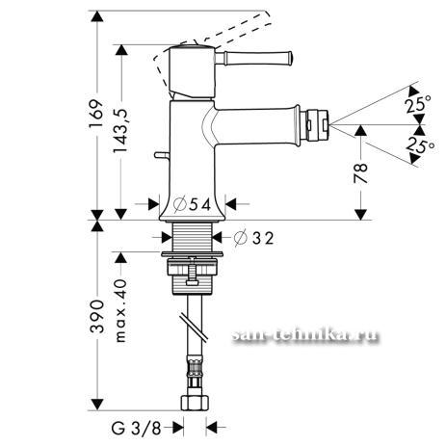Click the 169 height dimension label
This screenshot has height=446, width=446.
(x=96, y=114)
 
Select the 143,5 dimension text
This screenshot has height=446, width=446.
(x=120, y=130)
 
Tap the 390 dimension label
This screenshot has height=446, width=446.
(x=97, y=317)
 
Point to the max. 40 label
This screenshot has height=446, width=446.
(x=121, y=310)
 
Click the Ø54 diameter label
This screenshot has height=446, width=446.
(x=193, y=204)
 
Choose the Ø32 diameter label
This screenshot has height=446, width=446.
(x=253, y=239)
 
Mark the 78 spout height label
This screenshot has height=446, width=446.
(x=360, y=172)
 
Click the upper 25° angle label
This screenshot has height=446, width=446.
(x=418, y=104)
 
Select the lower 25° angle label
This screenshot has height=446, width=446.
(x=420, y=145)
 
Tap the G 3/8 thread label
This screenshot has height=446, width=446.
(x=136, y=428)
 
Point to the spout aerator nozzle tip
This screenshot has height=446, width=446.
(x=318, y=123)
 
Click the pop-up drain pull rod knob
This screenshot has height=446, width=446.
(x=162, y=155)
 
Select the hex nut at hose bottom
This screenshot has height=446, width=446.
(x=196, y=403)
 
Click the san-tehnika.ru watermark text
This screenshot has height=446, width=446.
(x=305, y=336)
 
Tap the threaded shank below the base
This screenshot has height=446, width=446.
(x=193, y=237)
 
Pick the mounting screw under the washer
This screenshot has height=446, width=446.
(x=192, y=272)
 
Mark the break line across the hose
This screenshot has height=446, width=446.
(x=194, y=326)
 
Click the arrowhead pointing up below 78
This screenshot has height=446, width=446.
(x=360, y=130)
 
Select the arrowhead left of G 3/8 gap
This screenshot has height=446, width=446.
(x=178, y=428)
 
